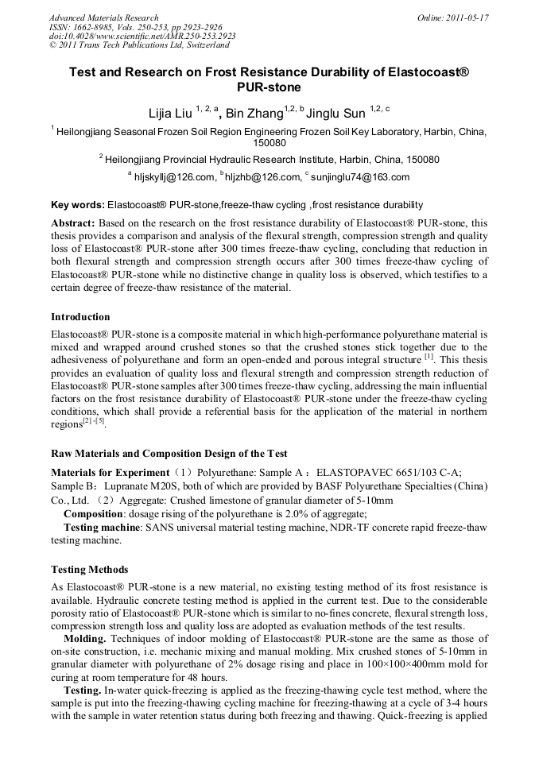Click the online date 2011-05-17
(467, 17)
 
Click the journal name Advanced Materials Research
(103, 17)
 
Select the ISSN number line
(135, 27)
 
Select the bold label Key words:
(77, 205)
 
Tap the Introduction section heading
(80, 317)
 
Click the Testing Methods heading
(89, 570)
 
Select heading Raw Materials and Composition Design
(169, 454)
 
